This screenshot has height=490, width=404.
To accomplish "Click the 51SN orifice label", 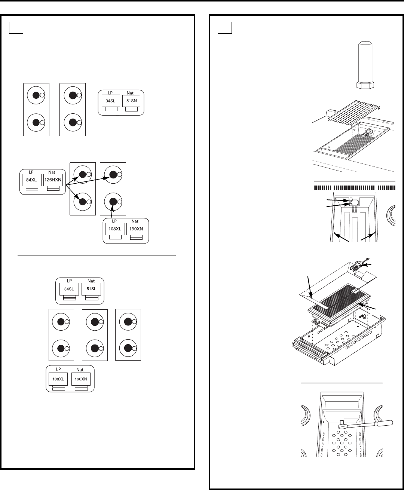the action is point(131,101).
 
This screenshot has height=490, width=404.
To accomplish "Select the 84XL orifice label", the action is point(31,180).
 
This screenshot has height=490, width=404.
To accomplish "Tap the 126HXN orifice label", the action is point(53,180).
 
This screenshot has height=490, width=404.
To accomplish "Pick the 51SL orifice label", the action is point(91,289).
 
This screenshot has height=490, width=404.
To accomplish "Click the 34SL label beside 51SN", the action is point(110,101).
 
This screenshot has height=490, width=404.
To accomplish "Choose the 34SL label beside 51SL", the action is point(69,289).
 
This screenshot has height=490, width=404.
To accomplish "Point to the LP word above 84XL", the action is point(31,172).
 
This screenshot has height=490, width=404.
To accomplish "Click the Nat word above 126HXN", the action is point(52,172).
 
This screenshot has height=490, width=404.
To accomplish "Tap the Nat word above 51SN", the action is point(130,93).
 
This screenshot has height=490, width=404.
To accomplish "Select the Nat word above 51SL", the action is point(91,281).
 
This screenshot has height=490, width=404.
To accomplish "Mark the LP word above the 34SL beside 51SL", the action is point(69,281).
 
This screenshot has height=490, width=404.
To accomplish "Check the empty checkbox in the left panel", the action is point(16,28).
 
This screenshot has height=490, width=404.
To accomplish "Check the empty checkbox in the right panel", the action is point(225,28).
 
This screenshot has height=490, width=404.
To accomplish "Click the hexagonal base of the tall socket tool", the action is point(365,85).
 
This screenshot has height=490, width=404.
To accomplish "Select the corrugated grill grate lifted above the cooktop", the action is point(354,110).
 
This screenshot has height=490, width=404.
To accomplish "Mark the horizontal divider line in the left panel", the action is point(97,255).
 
